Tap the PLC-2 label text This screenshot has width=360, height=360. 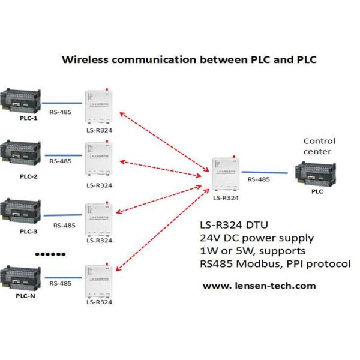[28, 176]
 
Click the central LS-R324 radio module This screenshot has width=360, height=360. [226, 174]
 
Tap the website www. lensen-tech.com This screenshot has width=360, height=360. [259, 286]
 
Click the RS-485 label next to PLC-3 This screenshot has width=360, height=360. [64, 226]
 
